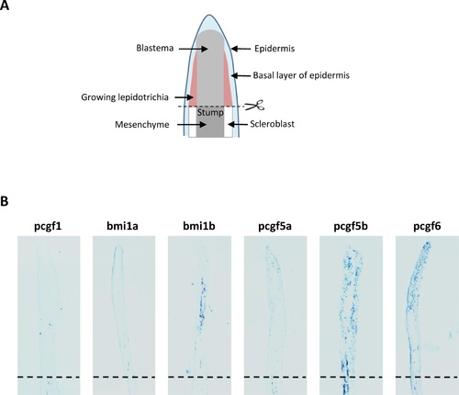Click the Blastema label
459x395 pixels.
155,48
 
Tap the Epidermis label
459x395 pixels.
274,49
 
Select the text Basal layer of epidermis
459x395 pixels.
301,75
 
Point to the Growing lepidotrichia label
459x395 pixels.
125,97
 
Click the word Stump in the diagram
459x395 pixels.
210,113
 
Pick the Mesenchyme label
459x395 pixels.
142,125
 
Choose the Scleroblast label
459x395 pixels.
272,124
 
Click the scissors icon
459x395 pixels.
255,106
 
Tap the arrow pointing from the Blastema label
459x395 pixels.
194,49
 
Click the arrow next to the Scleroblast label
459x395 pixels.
237,124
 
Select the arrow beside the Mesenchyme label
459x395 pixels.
192,125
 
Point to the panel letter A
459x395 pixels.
5,5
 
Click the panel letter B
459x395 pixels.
4,201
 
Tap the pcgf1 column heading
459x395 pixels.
48,226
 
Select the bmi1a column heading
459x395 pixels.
122,226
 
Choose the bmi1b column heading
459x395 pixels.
199,226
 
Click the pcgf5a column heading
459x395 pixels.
274,226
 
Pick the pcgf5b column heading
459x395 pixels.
351,226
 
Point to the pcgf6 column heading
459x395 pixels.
427,226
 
